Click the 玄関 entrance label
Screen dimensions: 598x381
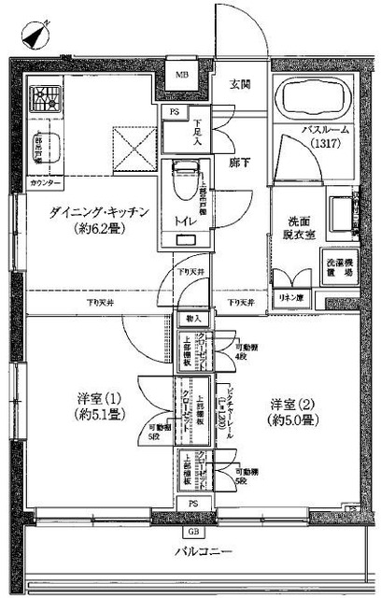(240, 83)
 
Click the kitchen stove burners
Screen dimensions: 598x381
(44, 98)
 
